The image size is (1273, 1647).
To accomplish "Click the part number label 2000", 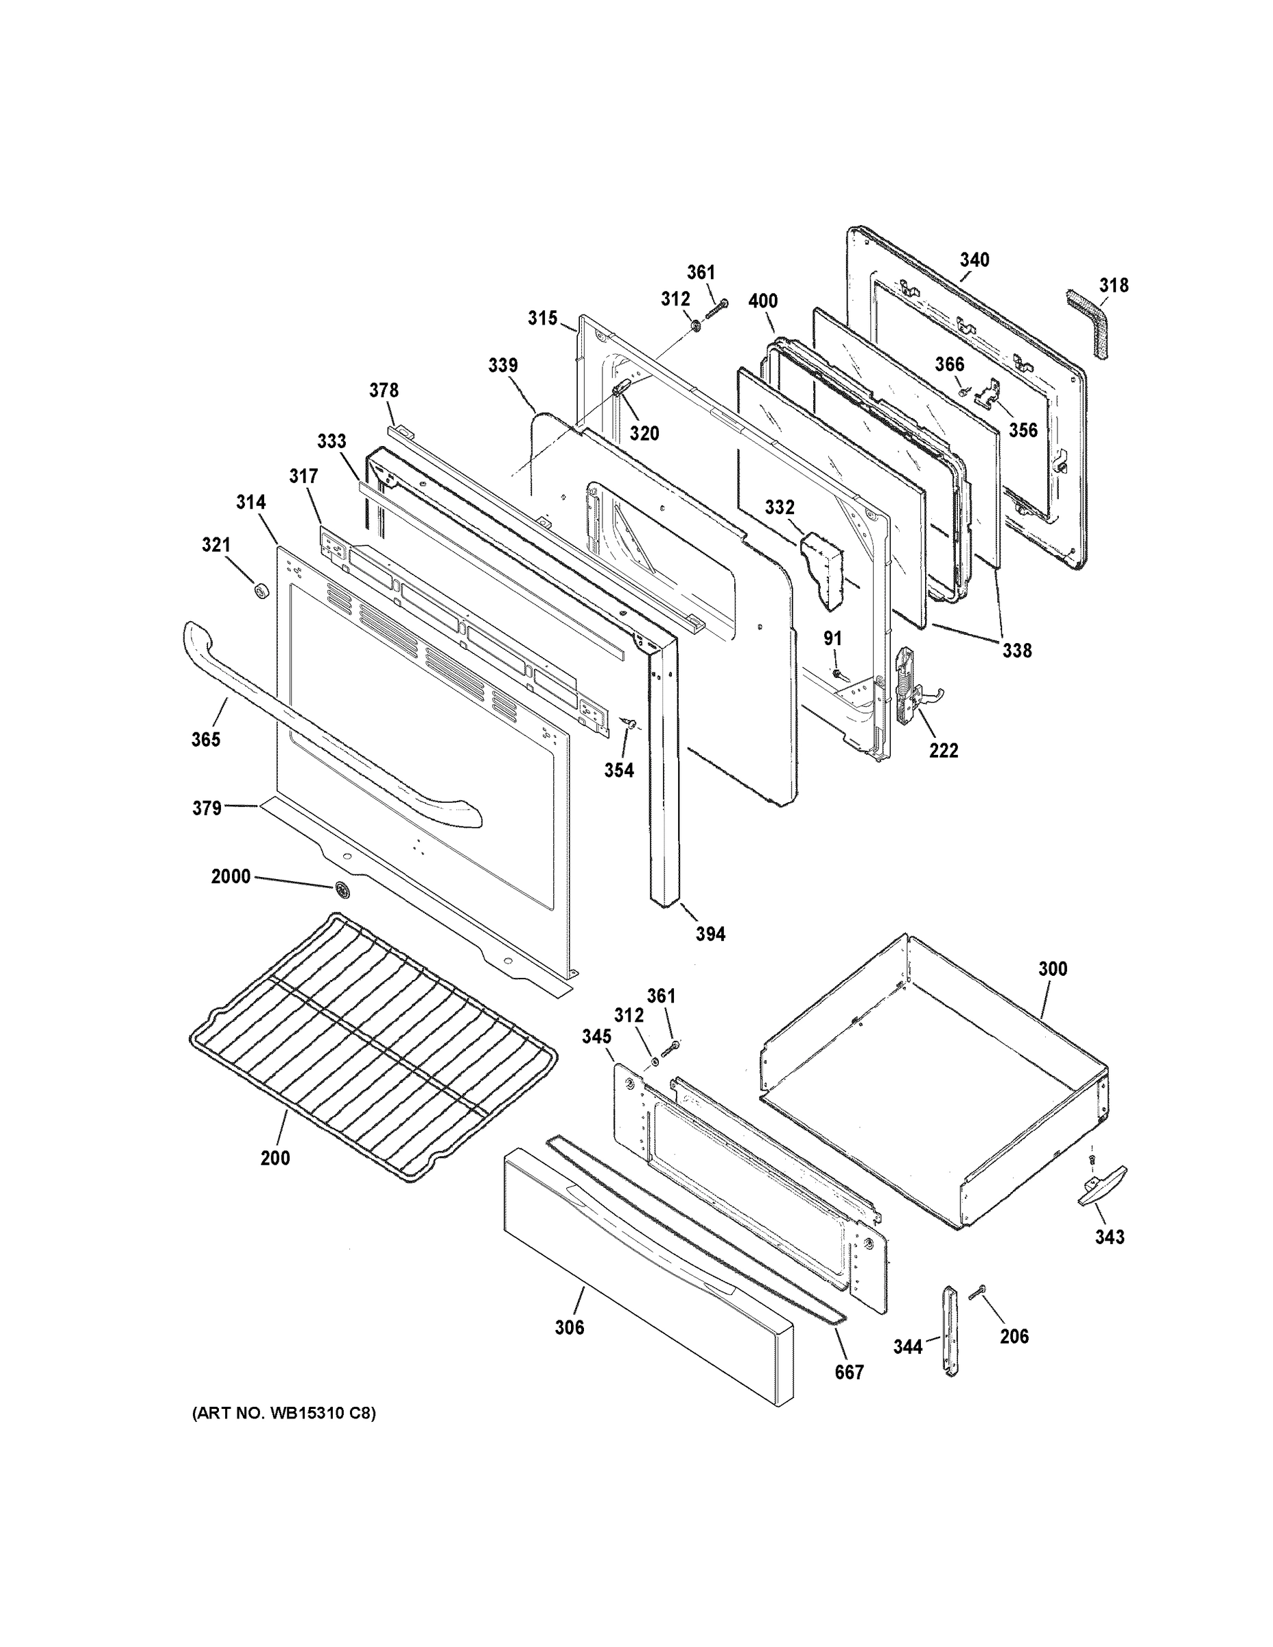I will click(x=230, y=876).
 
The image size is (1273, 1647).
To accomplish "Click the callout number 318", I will click(x=1113, y=285).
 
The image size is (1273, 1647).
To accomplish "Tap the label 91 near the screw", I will click(x=832, y=639).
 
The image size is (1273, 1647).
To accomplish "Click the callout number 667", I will click(x=848, y=1372).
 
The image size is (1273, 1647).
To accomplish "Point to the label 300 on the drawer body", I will click(x=1053, y=968).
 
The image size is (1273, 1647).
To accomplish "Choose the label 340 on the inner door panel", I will click(x=974, y=260).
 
